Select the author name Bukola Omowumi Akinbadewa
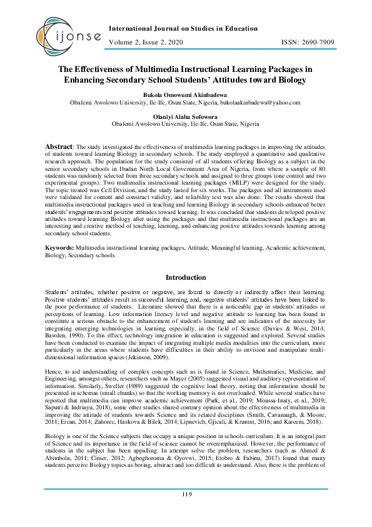[x=186, y=93]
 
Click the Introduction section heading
[x=186, y=277]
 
